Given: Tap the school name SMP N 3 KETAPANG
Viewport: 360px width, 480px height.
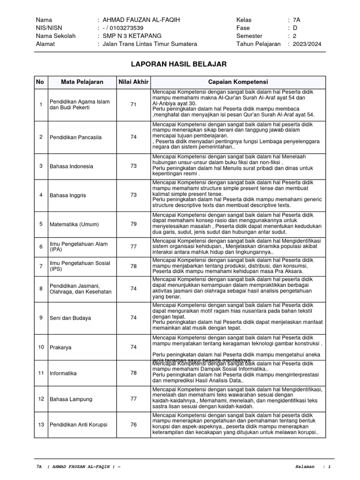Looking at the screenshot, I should click(x=129, y=36).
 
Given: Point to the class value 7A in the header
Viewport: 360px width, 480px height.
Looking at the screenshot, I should click(x=296, y=20).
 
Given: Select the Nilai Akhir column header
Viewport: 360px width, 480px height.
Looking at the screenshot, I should click(x=133, y=82).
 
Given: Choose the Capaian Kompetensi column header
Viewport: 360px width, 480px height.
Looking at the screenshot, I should click(x=238, y=82).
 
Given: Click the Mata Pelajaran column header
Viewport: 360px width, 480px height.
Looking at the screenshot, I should click(x=82, y=82).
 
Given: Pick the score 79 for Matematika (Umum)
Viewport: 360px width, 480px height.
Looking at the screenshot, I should click(x=134, y=224).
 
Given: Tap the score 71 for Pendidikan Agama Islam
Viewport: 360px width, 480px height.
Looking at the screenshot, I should click(x=134, y=105).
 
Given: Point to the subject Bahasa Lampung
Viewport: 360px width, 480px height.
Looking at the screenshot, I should click(x=71, y=399).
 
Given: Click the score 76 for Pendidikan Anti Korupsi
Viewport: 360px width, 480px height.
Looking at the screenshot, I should click(x=134, y=425).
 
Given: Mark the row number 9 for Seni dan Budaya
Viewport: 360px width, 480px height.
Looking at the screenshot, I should click(x=41, y=318).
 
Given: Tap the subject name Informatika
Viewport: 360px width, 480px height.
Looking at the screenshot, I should click(x=63, y=374).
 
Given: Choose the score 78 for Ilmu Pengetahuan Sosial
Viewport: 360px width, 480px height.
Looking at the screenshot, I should click(x=134, y=266).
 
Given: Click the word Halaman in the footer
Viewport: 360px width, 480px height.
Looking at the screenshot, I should click(x=306, y=467).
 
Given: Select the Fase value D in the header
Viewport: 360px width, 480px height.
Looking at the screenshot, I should click(x=295, y=28).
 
